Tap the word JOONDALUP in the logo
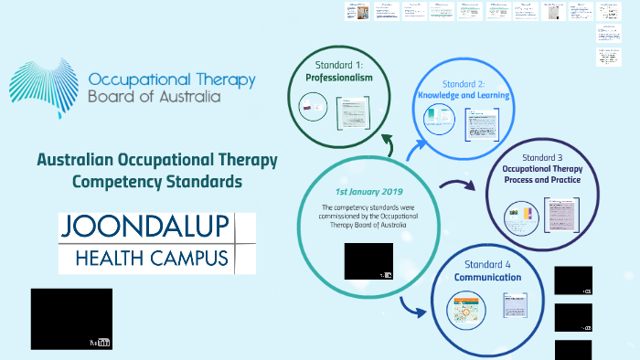[144, 227]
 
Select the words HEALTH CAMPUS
[144, 258]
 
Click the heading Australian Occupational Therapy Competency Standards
[156, 170]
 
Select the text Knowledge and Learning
[464, 95]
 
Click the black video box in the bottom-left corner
[71, 319]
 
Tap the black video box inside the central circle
[368, 260]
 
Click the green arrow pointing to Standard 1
[389, 146]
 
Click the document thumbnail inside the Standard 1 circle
[352, 115]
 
